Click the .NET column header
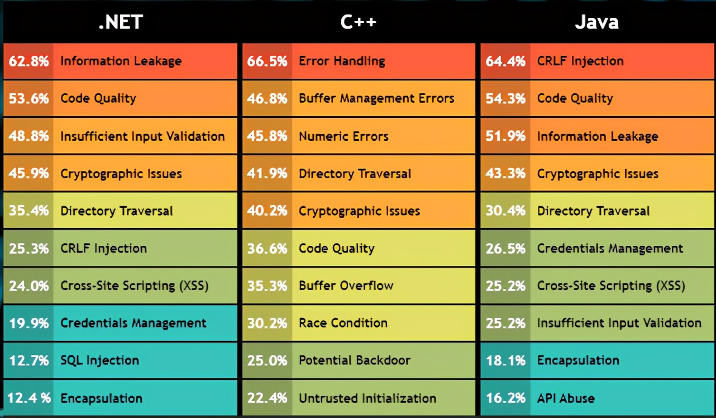121,22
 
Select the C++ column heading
359,22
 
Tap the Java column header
596,22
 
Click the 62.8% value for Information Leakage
29,61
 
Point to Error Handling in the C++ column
342,61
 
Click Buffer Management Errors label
376,99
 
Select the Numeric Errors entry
343,136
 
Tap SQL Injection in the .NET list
99,360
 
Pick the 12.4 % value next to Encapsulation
30,398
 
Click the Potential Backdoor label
355,360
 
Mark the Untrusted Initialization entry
367,398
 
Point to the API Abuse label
566,398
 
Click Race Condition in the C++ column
343,323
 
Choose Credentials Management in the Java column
610,248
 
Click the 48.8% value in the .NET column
29,136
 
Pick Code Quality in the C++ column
337,248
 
